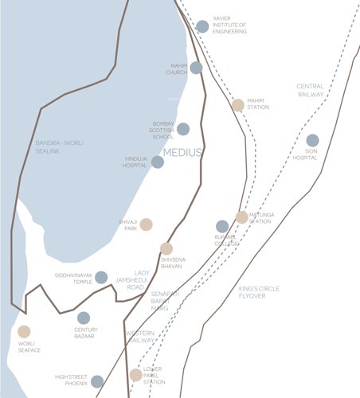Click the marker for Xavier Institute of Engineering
202,26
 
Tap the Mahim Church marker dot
196,68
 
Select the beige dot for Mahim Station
238,105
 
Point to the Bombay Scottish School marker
183,129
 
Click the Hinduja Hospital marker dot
158,162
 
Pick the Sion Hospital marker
312,141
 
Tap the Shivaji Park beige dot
147,224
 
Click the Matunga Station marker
241,217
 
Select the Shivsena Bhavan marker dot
166,248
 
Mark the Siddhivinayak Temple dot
101,277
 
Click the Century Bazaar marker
84,318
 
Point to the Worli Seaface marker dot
24,332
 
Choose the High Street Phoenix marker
97,381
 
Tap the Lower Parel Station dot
136,375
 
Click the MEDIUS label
182,152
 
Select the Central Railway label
310,90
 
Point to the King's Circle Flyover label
259,294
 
